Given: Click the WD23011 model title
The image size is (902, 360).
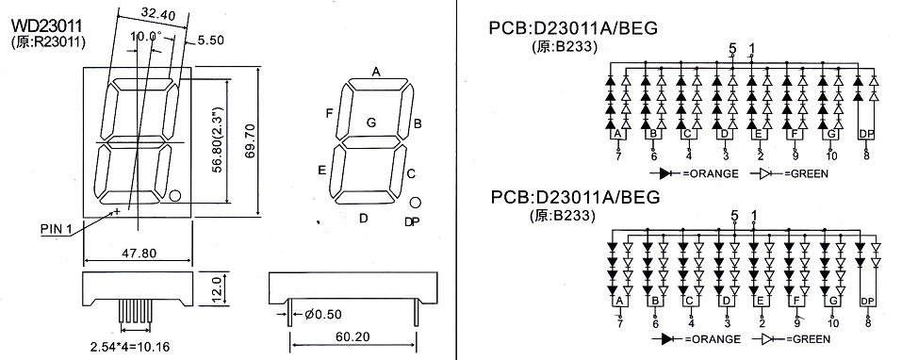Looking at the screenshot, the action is pyautogui.click(x=46, y=25).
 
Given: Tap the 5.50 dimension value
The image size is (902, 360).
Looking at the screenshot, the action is pyautogui.click(x=210, y=40).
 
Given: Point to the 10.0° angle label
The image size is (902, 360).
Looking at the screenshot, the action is pyautogui.click(x=146, y=36).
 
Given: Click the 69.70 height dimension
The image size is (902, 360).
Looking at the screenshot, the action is pyautogui.click(x=265, y=141).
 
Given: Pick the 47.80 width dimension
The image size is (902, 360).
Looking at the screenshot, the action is pyautogui.click(x=138, y=253).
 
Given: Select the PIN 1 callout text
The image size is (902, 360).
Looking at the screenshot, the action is pyautogui.click(x=56, y=229).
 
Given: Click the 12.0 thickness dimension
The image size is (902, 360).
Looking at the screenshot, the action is pyautogui.click(x=216, y=288).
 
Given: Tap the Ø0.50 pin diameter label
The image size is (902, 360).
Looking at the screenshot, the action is pyautogui.click(x=323, y=314).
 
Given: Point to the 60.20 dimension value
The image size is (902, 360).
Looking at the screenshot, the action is pyautogui.click(x=353, y=337).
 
